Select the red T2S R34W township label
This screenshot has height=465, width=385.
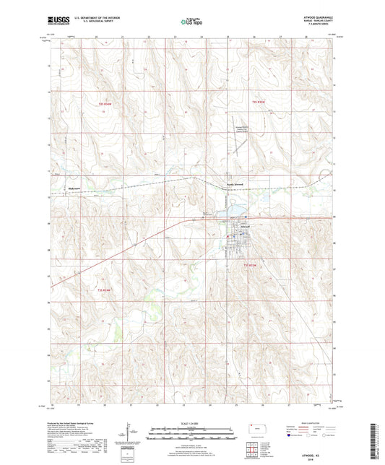click(x=106, y=103)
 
